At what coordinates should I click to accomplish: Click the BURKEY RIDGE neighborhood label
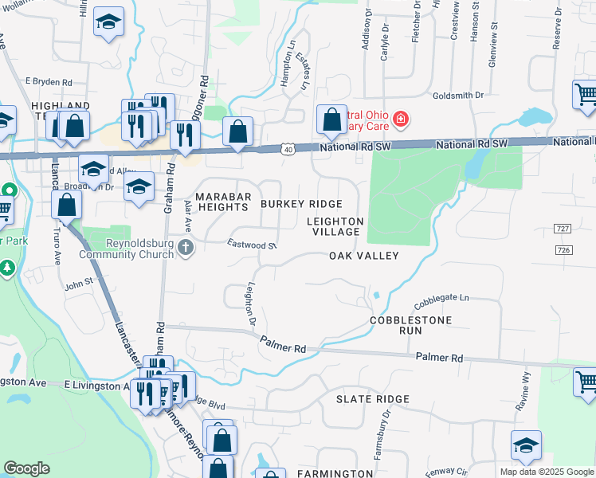(302, 205)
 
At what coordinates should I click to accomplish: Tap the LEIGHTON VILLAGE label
(335, 226)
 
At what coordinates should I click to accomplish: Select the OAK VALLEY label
(363, 256)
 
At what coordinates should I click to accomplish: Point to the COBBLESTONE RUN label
(410, 325)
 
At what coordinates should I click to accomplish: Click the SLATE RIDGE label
(372, 399)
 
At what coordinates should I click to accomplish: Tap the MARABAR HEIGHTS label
(224, 202)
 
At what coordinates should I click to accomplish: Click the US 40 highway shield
(288, 149)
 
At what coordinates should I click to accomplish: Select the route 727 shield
(564, 229)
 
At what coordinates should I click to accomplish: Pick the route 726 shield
(564, 250)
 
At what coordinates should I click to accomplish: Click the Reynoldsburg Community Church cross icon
(186, 249)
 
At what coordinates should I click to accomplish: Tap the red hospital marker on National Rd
(400, 120)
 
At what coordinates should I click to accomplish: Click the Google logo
(27, 468)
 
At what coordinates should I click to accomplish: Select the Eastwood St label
(251, 245)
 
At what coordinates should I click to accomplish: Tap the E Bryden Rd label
(49, 81)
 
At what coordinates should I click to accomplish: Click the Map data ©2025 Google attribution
(546, 472)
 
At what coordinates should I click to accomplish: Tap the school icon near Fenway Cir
(526, 445)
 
